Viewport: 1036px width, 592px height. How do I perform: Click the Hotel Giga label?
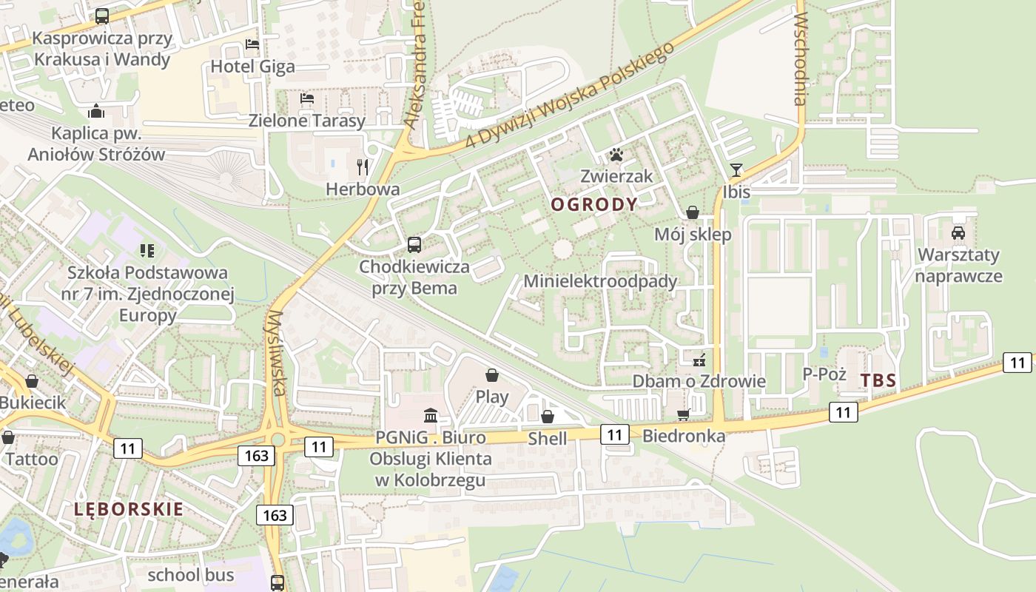pos(252,67)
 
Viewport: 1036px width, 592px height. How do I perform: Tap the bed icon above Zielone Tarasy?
pos(307,98)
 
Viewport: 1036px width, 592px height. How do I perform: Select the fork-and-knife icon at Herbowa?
pos(363,166)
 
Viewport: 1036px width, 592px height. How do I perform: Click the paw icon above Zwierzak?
pos(616,155)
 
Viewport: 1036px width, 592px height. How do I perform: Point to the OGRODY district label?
pos(594,205)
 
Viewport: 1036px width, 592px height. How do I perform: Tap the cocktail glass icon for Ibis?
pos(736,170)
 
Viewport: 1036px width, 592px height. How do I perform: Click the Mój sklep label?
pos(693,235)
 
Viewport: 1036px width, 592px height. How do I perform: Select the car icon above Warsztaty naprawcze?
pos(958,232)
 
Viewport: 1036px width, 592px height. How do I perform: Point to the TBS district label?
pos(878,381)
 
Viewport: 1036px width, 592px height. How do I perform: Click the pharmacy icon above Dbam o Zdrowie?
pos(699,360)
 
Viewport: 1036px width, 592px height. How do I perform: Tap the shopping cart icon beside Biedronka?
pos(684,414)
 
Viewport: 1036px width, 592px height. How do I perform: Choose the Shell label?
pos(547,439)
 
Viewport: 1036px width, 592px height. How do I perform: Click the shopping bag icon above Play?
pos(492,375)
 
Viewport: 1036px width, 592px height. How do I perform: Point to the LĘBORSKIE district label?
pos(129,509)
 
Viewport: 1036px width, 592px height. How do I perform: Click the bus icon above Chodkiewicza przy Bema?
pos(414,244)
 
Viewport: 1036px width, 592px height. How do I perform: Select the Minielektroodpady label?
pos(600,281)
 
